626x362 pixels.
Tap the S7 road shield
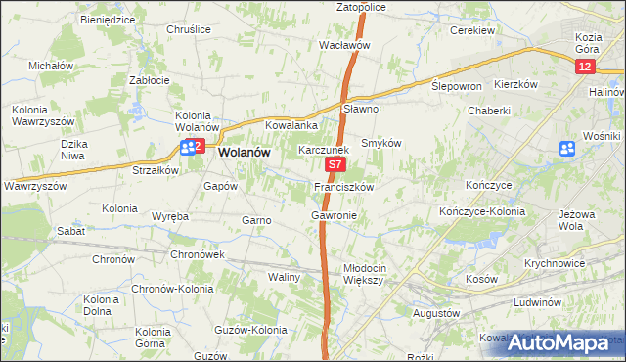[335, 168]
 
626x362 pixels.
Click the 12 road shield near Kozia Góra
[584, 66]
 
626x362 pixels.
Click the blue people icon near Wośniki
[566, 148]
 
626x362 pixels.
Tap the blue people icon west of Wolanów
[185, 148]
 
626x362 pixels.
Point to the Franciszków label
[343, 186]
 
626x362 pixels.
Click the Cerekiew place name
[470, 30]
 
